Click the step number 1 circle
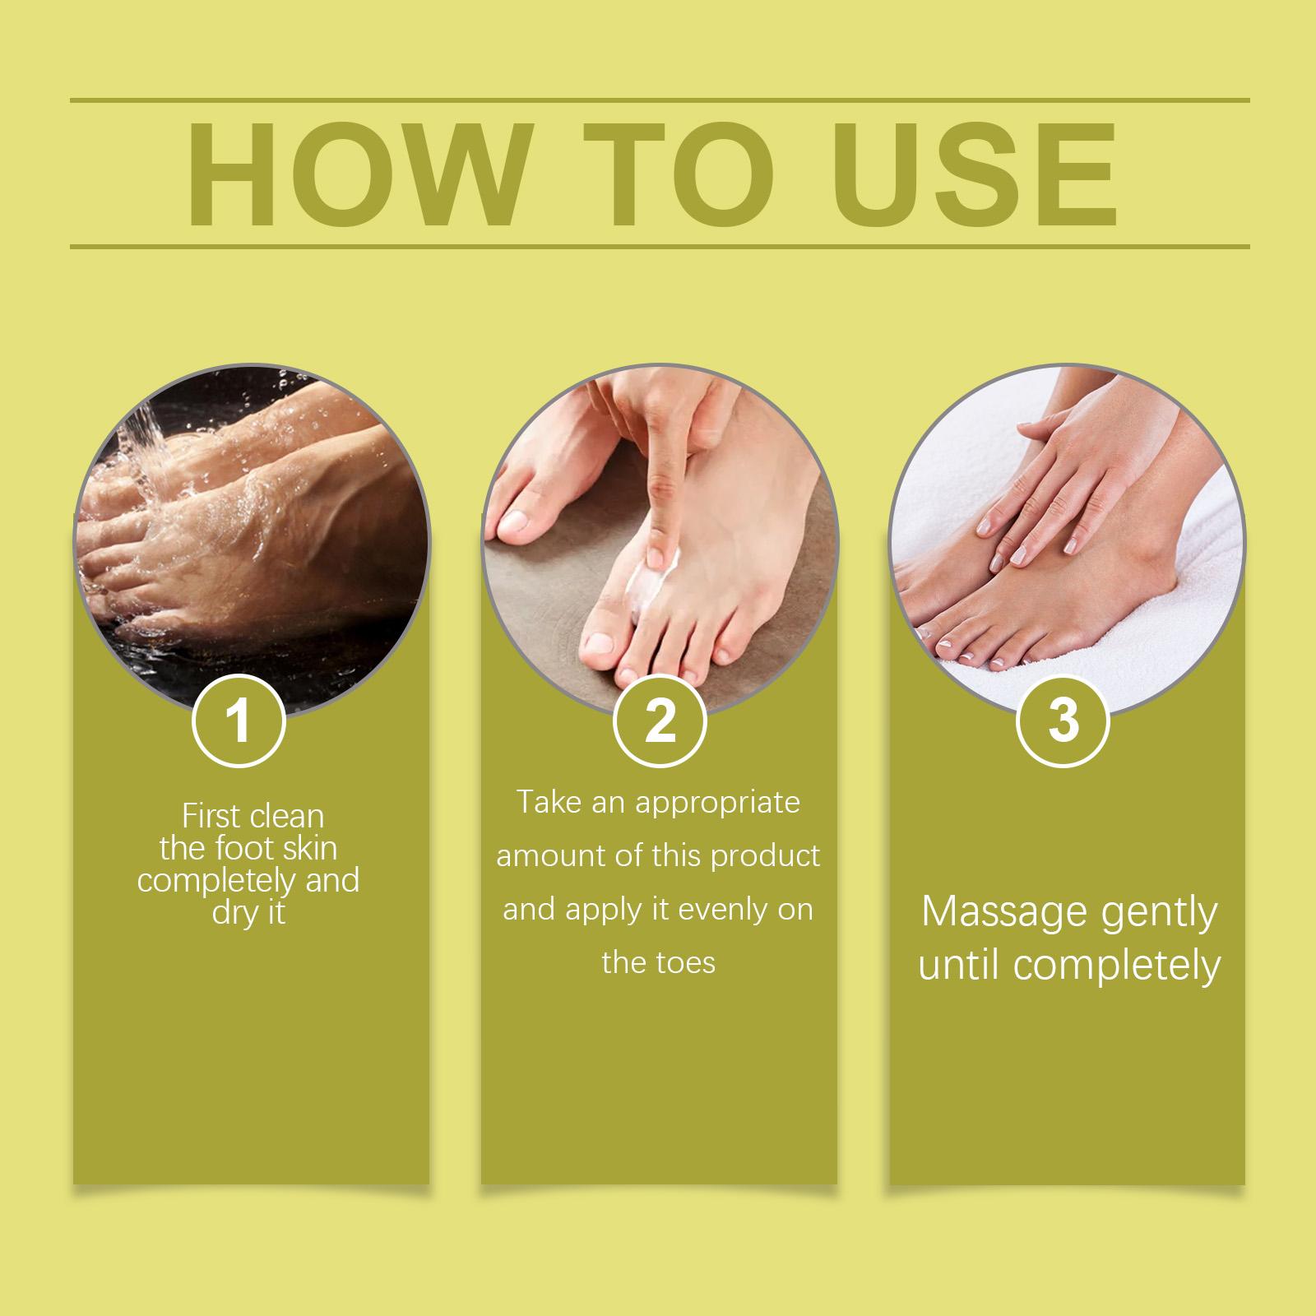coord(239,721)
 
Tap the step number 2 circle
coord(660,721)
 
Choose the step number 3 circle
coord(1063,721)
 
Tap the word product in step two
coord(766,856)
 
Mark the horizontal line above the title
coord(660,101)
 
